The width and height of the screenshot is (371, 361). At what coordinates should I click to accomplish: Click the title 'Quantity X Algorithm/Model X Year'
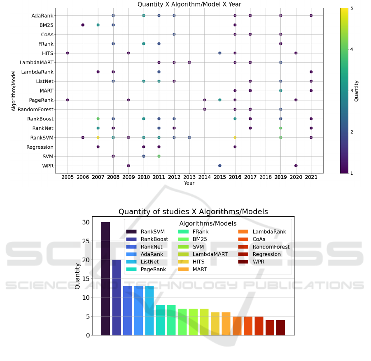189,4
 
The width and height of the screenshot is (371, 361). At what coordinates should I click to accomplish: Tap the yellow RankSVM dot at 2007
98,137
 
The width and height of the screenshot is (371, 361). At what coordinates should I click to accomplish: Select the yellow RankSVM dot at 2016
235,137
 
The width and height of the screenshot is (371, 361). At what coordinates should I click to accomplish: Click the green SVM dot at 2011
159,156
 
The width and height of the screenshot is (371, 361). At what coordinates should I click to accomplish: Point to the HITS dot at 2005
68,53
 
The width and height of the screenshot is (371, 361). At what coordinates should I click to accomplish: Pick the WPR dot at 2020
296,166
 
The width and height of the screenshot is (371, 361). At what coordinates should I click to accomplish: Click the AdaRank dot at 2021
311,15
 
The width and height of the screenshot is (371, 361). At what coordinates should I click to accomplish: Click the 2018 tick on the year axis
266,177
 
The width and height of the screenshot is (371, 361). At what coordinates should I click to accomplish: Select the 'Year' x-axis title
189,183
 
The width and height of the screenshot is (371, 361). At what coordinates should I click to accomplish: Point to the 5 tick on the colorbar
351,8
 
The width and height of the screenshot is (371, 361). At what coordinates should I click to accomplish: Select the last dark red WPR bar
280,328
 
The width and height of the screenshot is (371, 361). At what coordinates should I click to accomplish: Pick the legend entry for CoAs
258,239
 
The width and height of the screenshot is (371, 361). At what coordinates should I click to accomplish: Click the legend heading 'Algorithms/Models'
208,223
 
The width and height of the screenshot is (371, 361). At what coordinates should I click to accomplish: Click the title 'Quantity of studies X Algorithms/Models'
193,212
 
